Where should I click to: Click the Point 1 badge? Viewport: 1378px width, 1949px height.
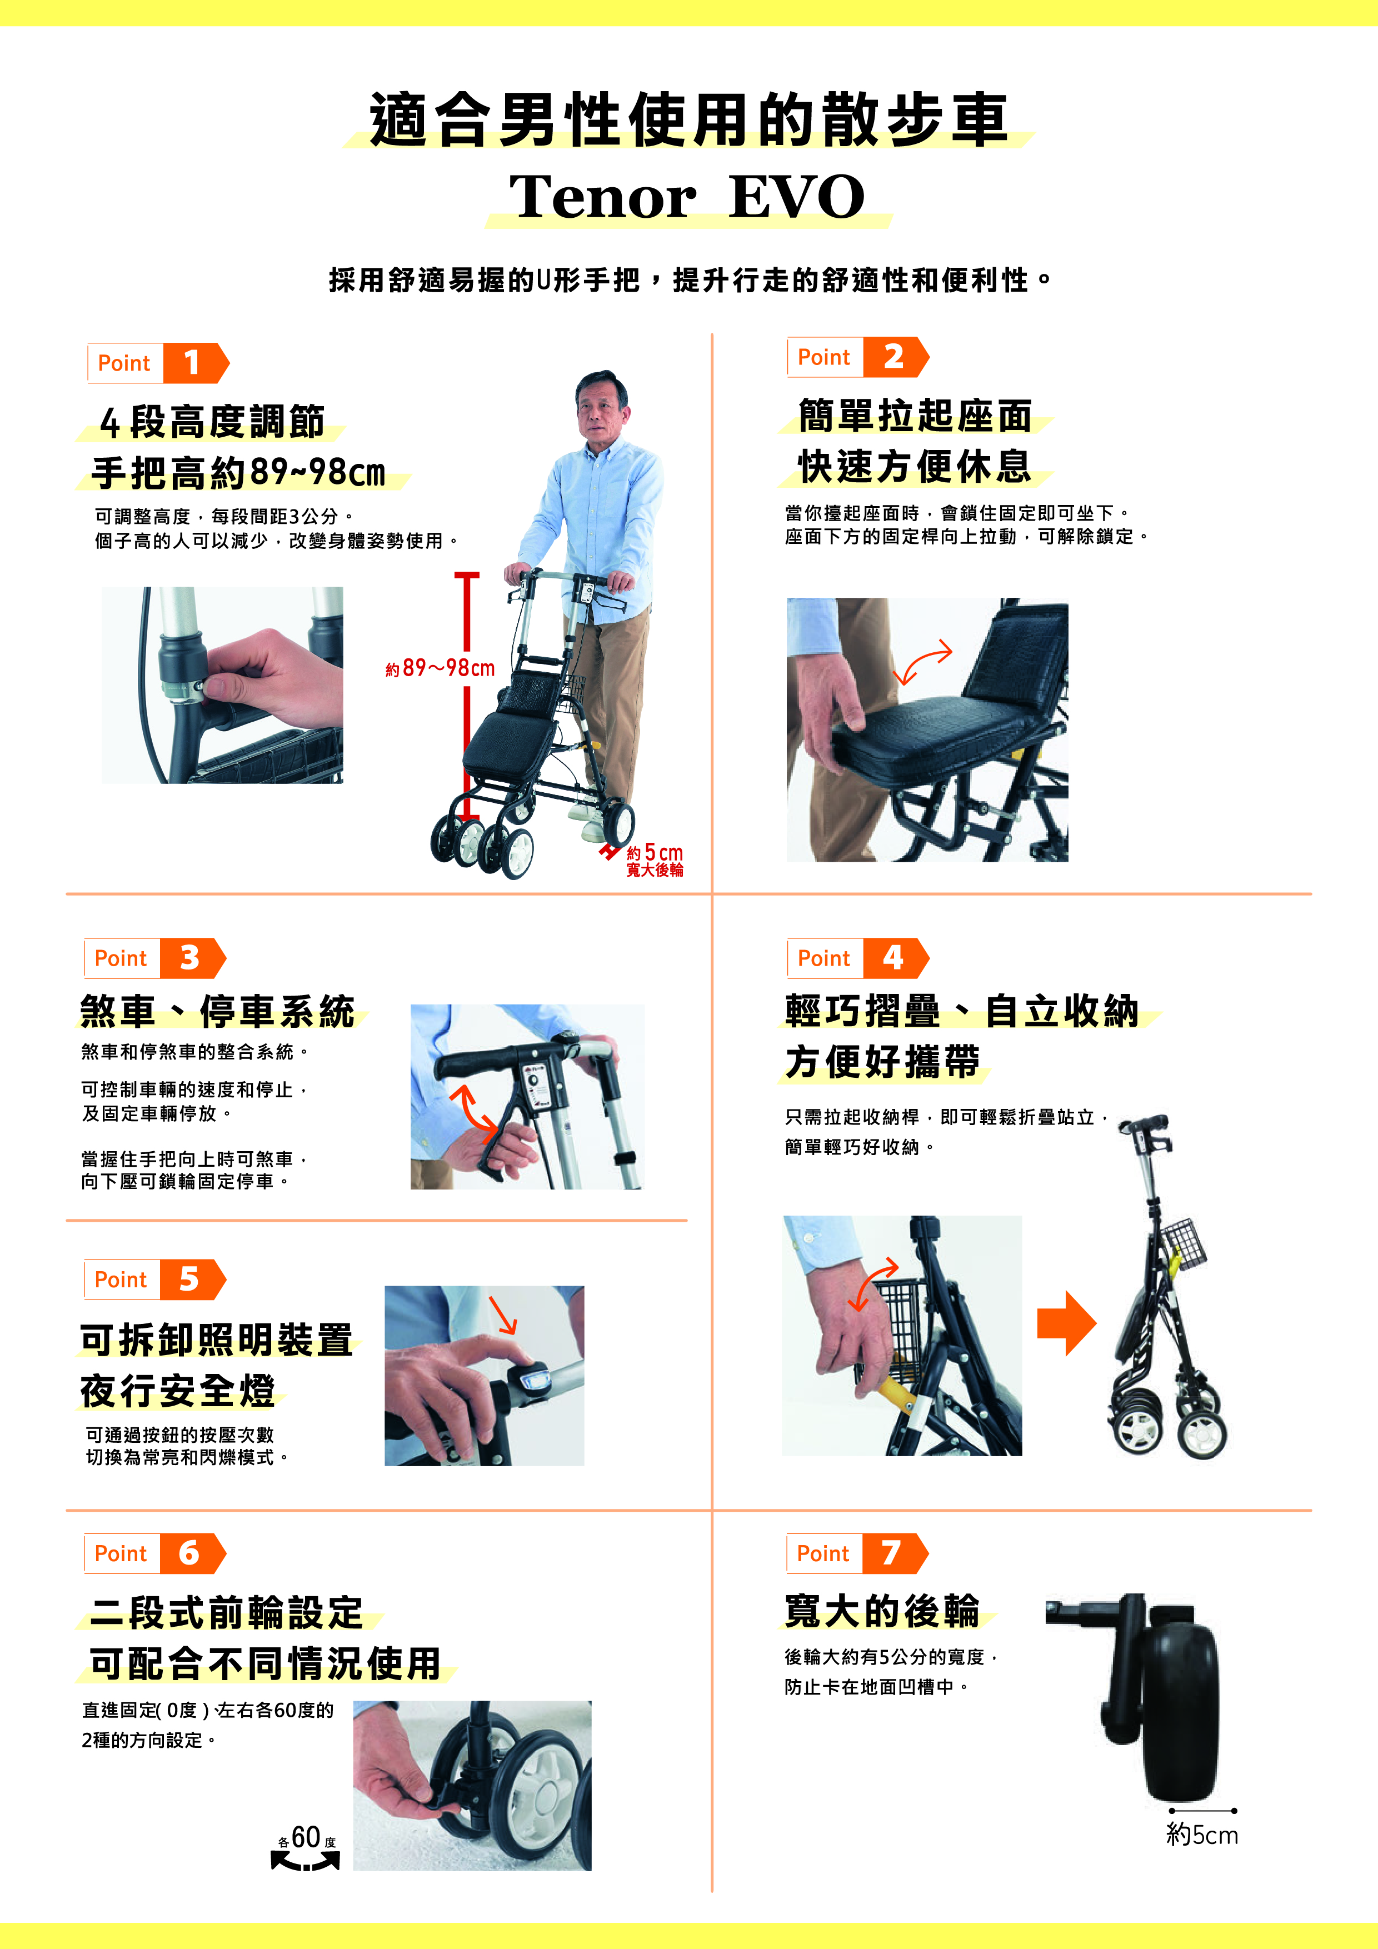[x=158, y=363]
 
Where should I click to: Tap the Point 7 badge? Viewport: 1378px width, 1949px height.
[x=857, y=1553]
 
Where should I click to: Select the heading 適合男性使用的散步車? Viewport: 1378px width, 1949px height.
[x=688, y=119]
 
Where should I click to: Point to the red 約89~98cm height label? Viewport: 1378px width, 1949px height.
[x=440, y=668]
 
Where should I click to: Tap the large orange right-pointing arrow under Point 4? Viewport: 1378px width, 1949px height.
[x=1066, y=1322]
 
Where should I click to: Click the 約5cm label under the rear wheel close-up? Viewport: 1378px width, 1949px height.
[x=1202, y=1835]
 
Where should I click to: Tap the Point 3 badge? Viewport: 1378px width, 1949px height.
[x=154, y=958]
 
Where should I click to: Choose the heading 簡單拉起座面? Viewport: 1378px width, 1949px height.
[x=915, y=416]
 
